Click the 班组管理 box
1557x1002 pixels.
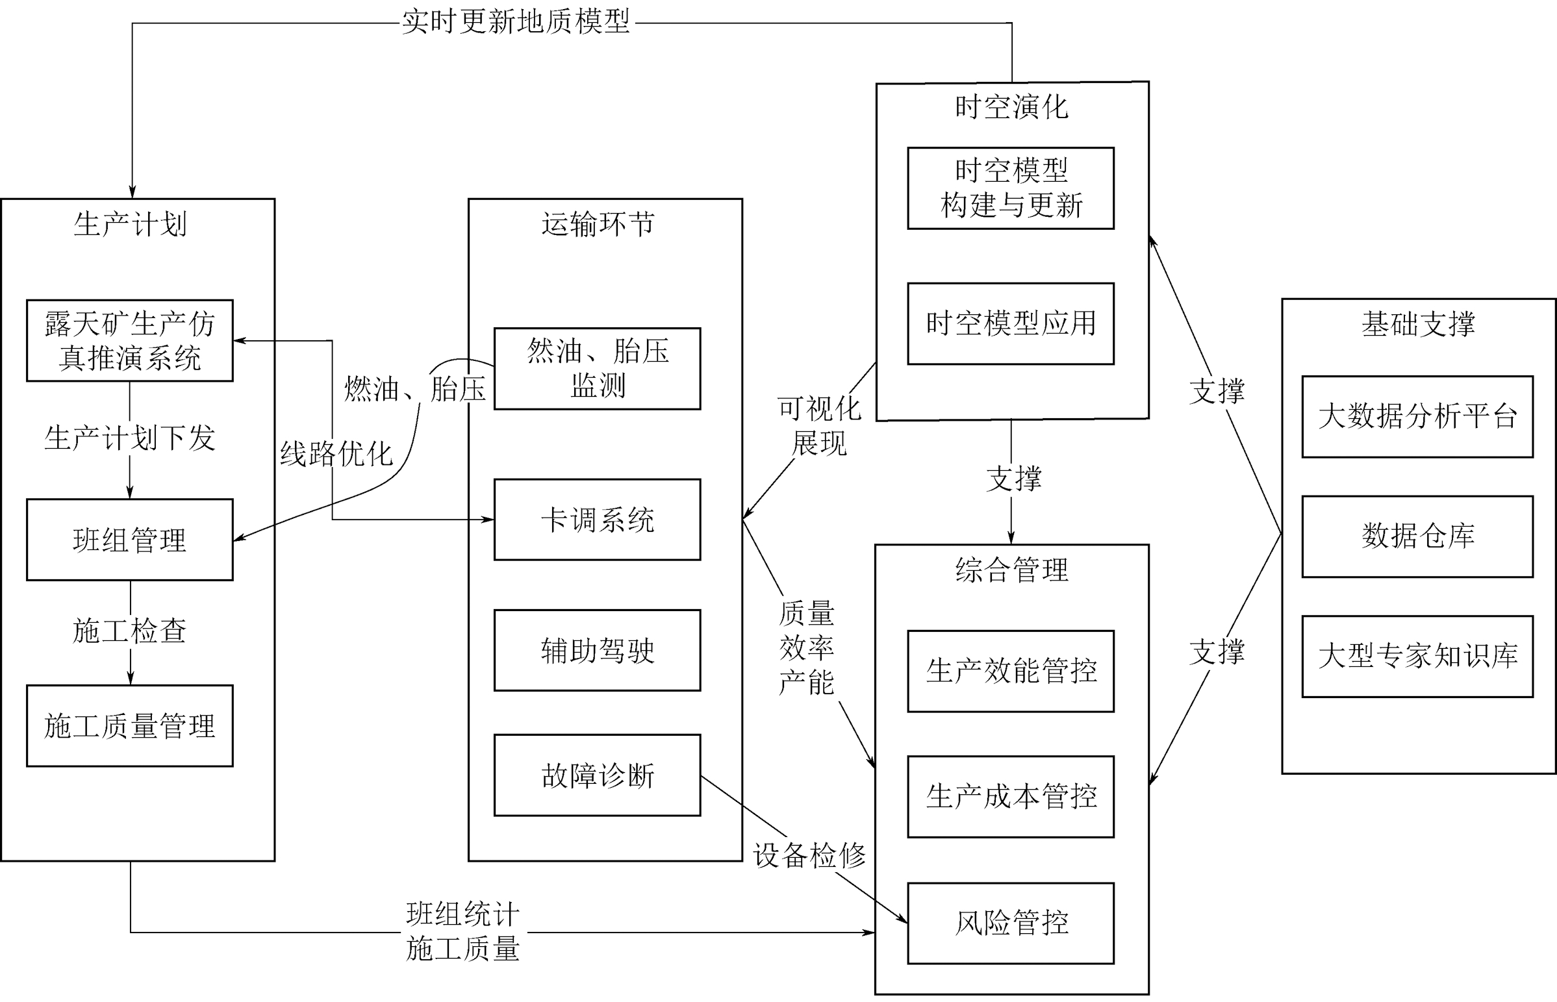(x=129, y=540)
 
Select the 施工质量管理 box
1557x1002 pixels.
(x=129, y=725)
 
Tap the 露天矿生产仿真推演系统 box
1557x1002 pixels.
(x=129, y=340)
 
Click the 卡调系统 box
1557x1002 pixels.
(x=597, y=520)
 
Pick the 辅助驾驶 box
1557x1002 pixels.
(x=597, y=650)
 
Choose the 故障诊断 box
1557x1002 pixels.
(x=597, y=775)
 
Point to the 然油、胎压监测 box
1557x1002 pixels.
(x=597, y=368)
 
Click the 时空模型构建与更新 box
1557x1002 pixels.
(x=1011, y=188)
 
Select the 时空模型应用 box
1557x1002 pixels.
(x=1011, y=323)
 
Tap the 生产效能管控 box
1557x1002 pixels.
(x=1011, y=671)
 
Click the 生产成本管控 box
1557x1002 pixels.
(x=1011, y=796)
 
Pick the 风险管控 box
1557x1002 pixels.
(x=1011, y=923)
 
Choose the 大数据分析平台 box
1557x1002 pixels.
(x=1417, y=416)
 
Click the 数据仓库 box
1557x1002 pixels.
(x=1417, y=536)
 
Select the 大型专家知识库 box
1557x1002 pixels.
(x=1417, y=656)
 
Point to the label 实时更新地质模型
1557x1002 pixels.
(x=515, y=22)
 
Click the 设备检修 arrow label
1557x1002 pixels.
(x=809, y=855)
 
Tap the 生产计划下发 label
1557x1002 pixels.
(x=129, y=437)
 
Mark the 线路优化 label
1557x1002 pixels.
(x=336, y=453)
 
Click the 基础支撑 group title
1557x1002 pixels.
(x=1418, y=324)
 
